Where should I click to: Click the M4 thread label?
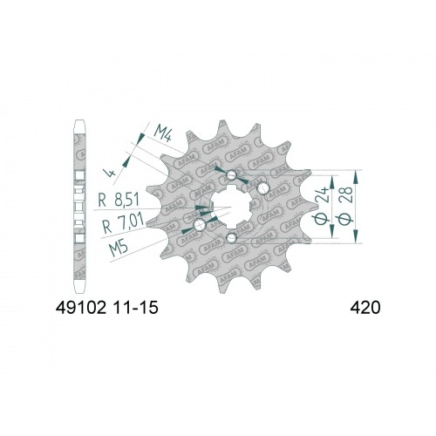click(163, 133)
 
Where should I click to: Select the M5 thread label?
click(119, 248)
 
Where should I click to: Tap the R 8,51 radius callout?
click(119, 200)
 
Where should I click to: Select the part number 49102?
click(81, 307)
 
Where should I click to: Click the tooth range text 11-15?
click(135, 307)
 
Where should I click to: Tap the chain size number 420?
click(365, 307)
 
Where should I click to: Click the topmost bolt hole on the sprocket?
click(231, 174)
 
